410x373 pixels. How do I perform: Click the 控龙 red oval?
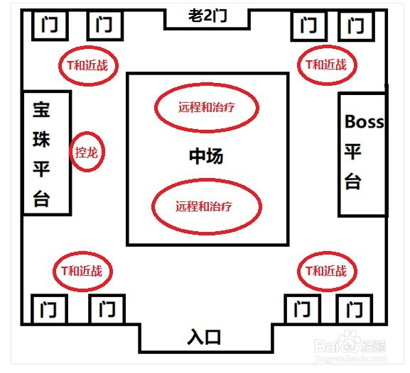(87, 152)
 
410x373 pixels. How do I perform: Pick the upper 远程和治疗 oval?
(207, 108)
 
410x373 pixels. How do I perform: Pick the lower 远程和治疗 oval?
(207, 206)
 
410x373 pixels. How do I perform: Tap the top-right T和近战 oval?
(326, 65)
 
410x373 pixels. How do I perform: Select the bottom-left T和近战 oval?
(82, 270)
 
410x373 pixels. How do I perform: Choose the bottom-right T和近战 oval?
(326, 270)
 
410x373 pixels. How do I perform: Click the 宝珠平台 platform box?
(46, 152)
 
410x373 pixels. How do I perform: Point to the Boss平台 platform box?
(362, 154)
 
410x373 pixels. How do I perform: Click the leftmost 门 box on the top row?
(50, 26)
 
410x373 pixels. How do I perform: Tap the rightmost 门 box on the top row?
(357, 26)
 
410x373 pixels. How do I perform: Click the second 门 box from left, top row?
(105, 26)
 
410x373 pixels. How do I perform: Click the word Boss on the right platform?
(364, 122)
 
